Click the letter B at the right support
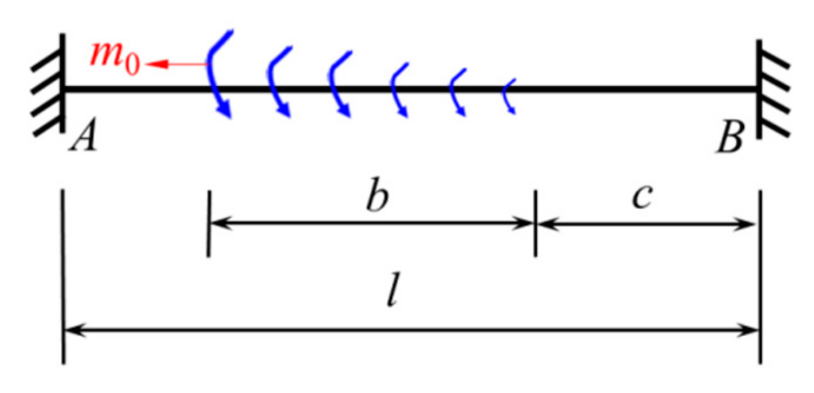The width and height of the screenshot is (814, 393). pyautogui.click(x=730, y=141)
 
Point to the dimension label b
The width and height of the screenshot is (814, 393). pyautogui.click(x=377, y=199)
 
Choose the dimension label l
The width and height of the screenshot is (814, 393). pyautogui.click(x=393, y=295)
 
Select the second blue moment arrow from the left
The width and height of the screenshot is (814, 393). pyautogui.click(x=278, y=81)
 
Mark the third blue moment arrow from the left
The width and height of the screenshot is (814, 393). pyautogui.click(x=338, y=84)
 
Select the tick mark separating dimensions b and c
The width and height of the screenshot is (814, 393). pyautogui.click(x=535, y=223)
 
